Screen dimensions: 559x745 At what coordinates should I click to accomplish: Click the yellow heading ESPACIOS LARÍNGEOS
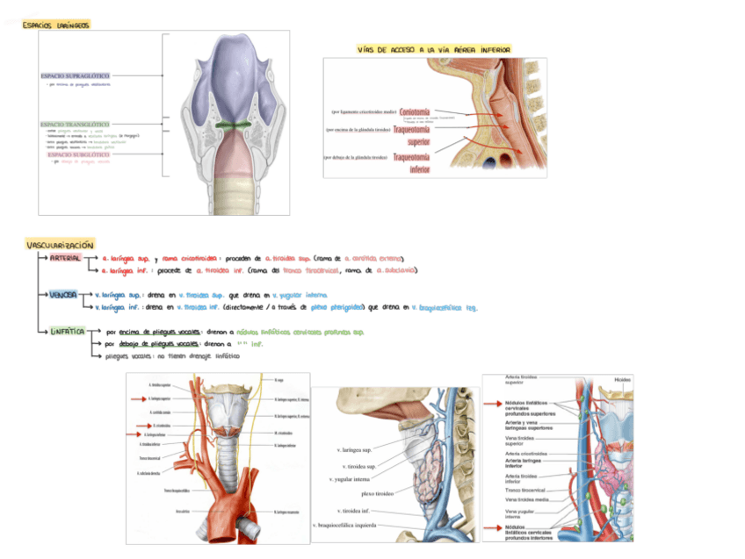(x=55, y=26)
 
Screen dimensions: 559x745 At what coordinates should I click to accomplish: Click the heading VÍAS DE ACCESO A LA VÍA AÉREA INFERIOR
(x=434, y=50)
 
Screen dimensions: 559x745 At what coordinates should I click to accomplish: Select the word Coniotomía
(x=415, y=112)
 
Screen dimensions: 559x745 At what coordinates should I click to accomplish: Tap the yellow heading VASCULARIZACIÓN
(x=60, y=245)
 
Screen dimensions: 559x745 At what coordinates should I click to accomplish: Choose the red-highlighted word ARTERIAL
(x=66, y=258)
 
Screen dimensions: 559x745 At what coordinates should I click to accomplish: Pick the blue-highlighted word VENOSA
(x=64, y=295)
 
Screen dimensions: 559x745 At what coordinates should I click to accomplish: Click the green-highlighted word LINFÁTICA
(x=68, y=332)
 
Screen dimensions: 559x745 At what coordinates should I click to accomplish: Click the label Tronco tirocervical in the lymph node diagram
(x=524, y=490)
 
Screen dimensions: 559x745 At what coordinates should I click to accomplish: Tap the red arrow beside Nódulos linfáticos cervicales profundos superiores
(x=493, y=404)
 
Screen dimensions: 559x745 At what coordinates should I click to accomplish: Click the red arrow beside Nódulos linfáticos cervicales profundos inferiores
(x=493, y=528)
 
